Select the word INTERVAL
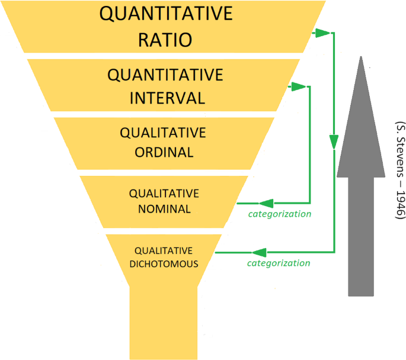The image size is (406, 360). point(167,98)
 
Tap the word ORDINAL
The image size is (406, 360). point(164,152)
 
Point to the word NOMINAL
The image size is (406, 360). point(164,208)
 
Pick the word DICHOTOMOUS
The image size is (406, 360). point(164,263)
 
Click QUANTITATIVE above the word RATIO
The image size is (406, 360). point(165,14)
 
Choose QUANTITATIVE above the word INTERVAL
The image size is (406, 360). point(165,75)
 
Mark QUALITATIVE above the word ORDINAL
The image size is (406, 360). point(163,133)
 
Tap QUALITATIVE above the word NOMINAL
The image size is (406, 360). point(164,194)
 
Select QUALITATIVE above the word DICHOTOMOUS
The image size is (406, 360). point(164,250)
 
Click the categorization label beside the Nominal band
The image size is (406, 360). point(280,214)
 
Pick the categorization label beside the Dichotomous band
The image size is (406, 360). point(279,263)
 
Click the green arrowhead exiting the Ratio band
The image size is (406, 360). point(324,33)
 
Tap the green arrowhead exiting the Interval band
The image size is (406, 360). point(299,87)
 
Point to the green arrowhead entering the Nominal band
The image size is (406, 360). point(266,202)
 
